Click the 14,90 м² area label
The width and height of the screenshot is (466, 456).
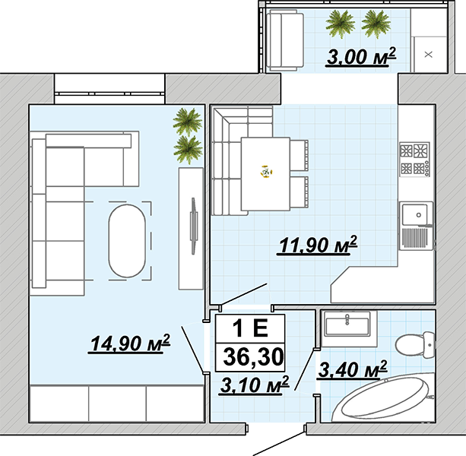(129, 344)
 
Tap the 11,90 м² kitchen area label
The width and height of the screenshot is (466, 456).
(317, 245)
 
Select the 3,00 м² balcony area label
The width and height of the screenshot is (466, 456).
(361, 56)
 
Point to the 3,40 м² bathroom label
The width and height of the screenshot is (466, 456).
(352, 369)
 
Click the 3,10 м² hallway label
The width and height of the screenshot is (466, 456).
(254, 385)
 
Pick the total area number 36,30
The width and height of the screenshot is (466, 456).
(253, 356)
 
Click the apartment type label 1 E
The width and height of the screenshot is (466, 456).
(250, 328)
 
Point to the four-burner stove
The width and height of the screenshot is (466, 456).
(414, 160)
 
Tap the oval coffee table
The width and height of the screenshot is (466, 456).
(127, 241)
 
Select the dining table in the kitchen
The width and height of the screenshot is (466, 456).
(265, 174)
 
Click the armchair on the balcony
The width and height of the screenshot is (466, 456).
(285, 40)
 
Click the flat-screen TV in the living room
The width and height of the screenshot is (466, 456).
(194, 226)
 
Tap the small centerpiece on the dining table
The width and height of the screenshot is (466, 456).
(267, 172)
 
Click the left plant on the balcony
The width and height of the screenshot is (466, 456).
(341, 24)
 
